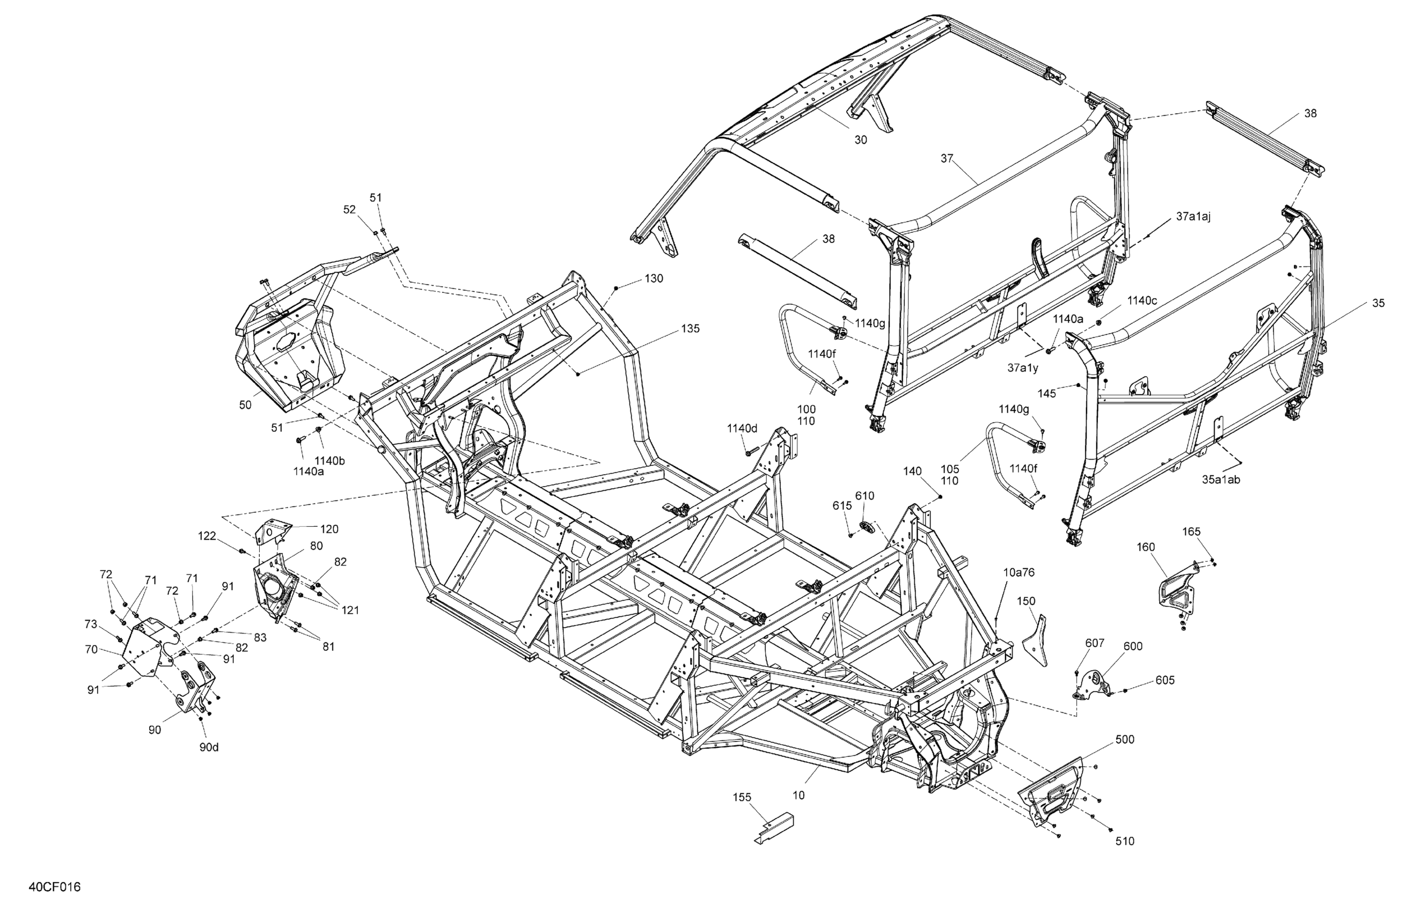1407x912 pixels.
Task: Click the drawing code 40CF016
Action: [54, 887]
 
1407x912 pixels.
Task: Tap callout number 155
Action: [742, 797]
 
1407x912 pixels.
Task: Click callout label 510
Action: [1124, 841]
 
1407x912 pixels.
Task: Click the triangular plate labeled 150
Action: [1036, 641]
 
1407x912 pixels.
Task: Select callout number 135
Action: [691, 329]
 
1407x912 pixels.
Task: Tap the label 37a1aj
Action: [1193, 217]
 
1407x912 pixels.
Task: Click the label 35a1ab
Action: [1221, 480]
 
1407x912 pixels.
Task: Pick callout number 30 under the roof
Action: [861, 140]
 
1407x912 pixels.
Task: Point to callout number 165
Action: [1191, 531]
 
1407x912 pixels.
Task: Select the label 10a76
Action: [1019, 572]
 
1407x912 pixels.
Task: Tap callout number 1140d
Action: [742, 428]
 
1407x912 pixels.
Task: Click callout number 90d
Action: [209, 747]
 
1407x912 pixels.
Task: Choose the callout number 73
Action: [91, 624]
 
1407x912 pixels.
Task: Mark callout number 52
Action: [350, 209]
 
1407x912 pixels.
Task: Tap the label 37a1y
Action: [1023, 367]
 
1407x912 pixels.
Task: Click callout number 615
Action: [842, 505]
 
